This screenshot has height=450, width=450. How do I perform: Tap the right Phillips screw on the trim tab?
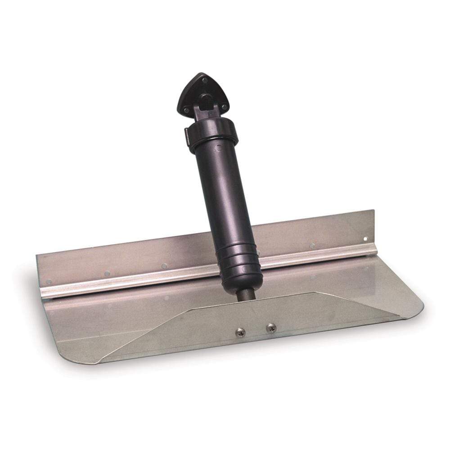pyautogui.click(x=270, y=328)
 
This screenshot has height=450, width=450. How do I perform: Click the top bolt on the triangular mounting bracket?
pyautogui.click(x=205, y=81)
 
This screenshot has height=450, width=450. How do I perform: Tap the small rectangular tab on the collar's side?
pyautogui.click(x=187, y=135)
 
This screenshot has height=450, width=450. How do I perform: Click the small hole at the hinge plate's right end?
pyautogui.click(x=365, y=238)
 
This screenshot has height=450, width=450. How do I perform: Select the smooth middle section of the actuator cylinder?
pyautogui.click(x=225, y=198)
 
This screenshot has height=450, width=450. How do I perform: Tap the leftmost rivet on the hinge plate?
pyautogui.click(x=49, y=282)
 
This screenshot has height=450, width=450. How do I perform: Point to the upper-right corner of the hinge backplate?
pyautogui.click(x=373, y=211)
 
